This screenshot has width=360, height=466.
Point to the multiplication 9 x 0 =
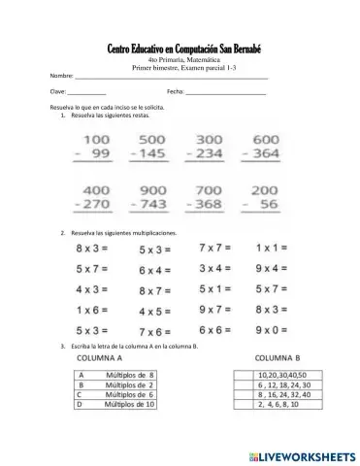tap(273, 331)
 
